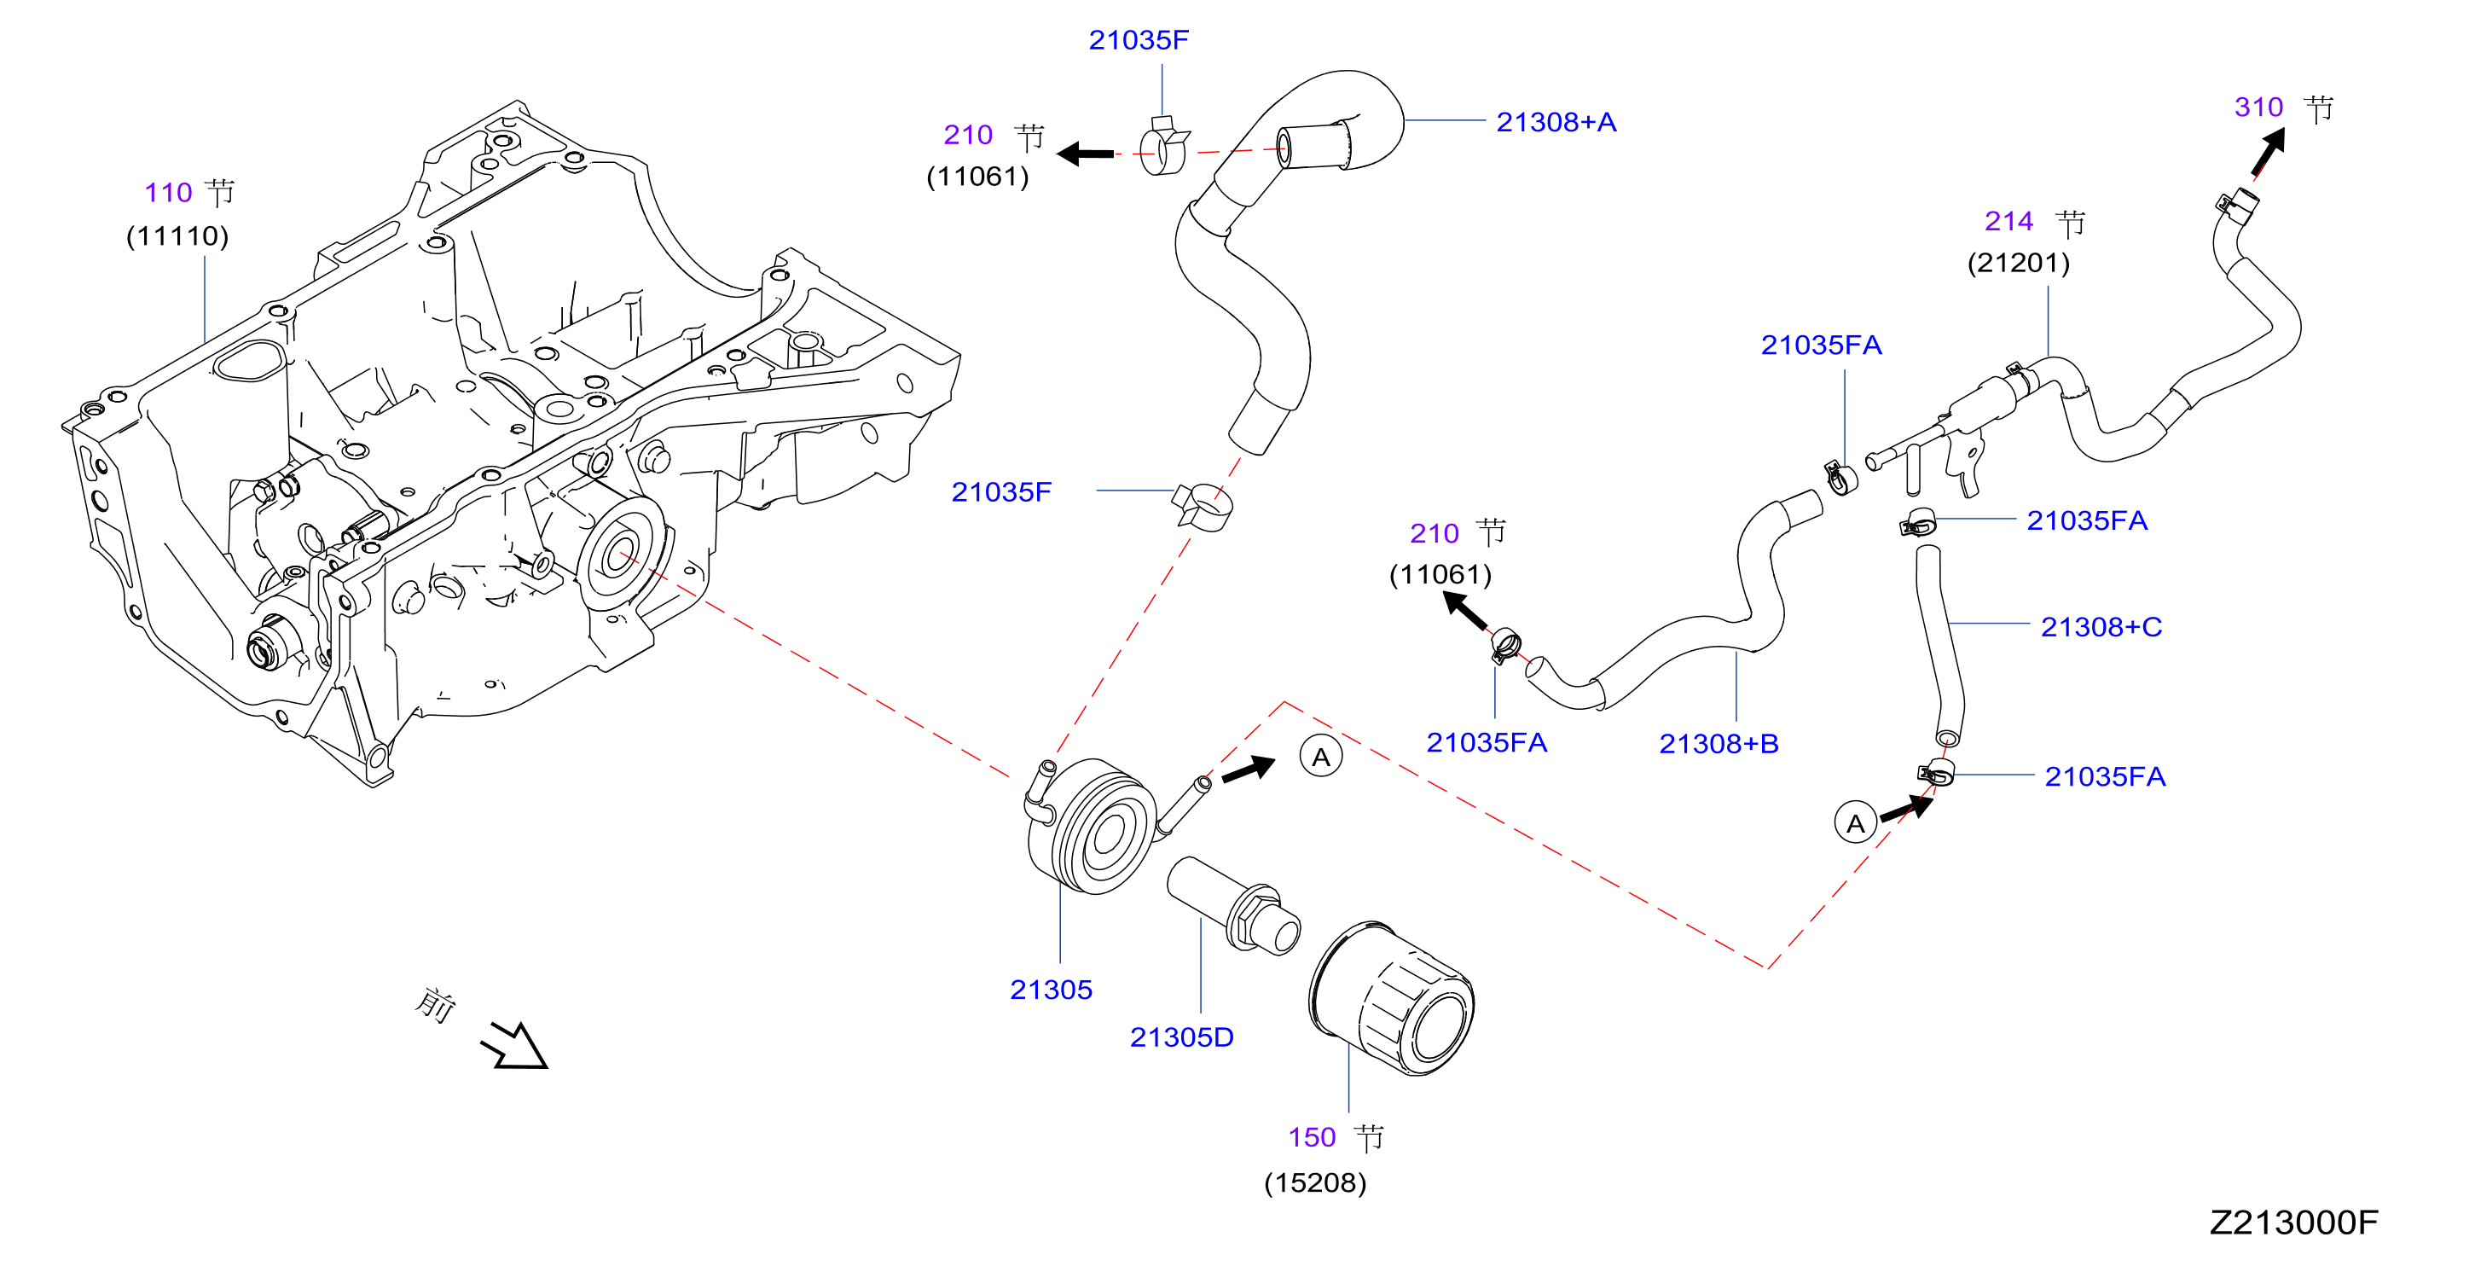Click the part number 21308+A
(1556, 122)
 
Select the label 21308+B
(1719, 743)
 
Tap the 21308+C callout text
(2101, 627)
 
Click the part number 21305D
(1182, 1037)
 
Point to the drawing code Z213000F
(2293, 1222)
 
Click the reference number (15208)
(1315, 1182)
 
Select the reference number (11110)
(177, 235)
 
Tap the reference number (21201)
(2019, 263)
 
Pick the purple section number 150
(1313, 1137)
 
